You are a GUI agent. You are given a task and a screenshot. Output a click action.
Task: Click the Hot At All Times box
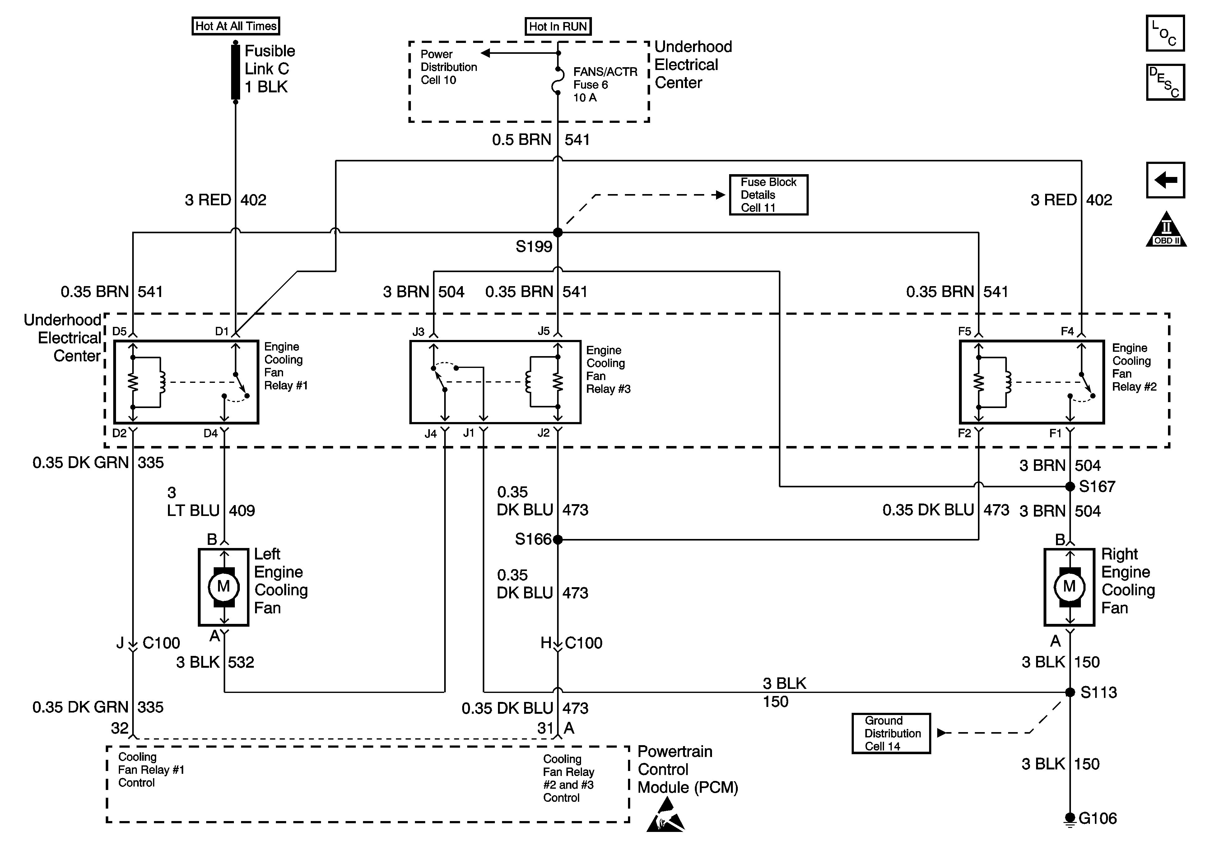click(236, 26)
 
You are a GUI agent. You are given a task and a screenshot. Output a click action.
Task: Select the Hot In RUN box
click(558, 26)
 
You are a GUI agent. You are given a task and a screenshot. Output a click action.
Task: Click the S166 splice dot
click(558, 539)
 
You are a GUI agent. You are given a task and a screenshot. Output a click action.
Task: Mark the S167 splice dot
click(1070, 486)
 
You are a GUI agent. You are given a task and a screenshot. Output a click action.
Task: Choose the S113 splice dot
click(1070, 692)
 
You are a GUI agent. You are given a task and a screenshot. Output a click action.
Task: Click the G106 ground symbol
click(1070, 819)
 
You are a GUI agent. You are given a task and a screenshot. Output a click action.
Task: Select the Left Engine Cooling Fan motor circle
click(224, 587)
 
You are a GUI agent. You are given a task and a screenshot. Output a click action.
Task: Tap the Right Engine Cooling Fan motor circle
click(1070, 587)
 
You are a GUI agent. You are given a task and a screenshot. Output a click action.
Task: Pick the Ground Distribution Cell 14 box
click(891, 733)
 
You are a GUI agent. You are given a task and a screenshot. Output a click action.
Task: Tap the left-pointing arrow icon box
click(1165, 180)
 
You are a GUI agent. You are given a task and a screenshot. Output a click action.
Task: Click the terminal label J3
click(418, 332)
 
